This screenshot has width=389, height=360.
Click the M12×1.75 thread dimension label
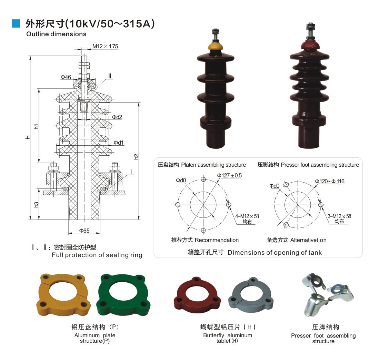pyautogui.click(x=105, y=46)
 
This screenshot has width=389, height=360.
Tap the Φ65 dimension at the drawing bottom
pyautogui.click(x=84, y=231)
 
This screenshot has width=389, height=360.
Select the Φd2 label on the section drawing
pyautogui.click(x=117, y=117)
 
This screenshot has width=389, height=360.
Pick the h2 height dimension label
pyautogui.click(x=137, y=156)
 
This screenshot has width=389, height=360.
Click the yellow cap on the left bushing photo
pyautogui.click(x=215, y=46)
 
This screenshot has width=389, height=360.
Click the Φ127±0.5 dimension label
pyautogui.click(x=229, y=175)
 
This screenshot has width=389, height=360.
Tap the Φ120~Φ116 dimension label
pyautogui.click(x=329, y=181)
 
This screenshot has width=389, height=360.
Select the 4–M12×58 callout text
pyautogui.click(x=247, y=216)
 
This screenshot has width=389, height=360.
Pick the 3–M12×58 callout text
pyautogui.click(x=339, y=216)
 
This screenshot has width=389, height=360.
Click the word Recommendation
pyautogui.click(x=217, y=240)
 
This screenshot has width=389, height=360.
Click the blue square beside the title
pyautogui.click(x=16, y=23)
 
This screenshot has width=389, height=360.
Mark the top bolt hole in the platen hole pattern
pyautogui.click(x=203, y=179)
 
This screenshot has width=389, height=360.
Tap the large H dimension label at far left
pyautogui.click(x=28, y=137)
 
